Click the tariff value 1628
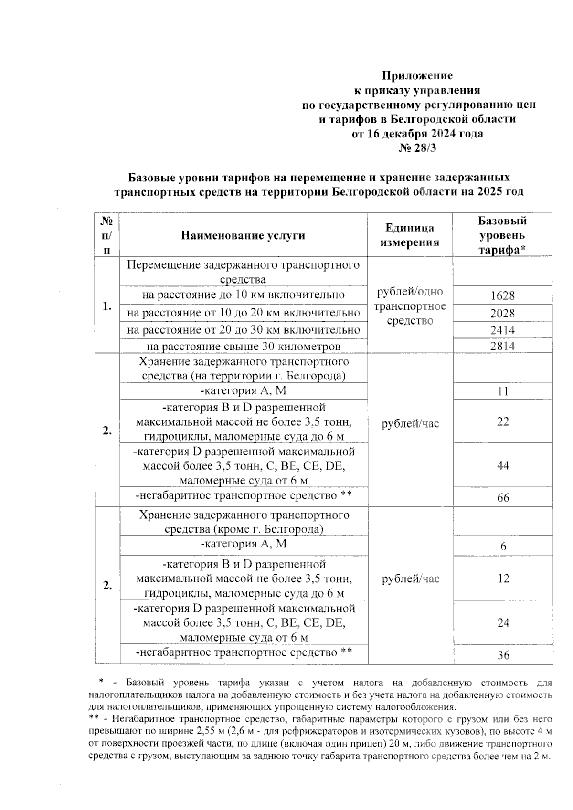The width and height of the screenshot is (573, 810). pos(502,295)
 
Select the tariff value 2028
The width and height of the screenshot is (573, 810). pos(502,313)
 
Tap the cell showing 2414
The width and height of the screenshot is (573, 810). pos(502,330)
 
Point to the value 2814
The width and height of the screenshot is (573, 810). pos(502,346)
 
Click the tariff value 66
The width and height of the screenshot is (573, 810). pos(503,497)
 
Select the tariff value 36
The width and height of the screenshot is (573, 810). pos(503,655)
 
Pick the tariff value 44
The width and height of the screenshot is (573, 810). pos(503,465)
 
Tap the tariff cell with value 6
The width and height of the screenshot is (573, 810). pos(503,547)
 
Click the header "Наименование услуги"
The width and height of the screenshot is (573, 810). pos(243,235)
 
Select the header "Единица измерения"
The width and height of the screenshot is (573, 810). pos(409,235)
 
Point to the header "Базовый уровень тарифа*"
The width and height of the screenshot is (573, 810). pos(502,235)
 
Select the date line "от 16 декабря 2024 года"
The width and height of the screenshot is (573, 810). pos(417,134)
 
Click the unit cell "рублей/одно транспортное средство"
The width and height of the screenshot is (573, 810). pos(410,306)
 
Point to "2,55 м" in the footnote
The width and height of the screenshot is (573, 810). pos(209,731)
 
